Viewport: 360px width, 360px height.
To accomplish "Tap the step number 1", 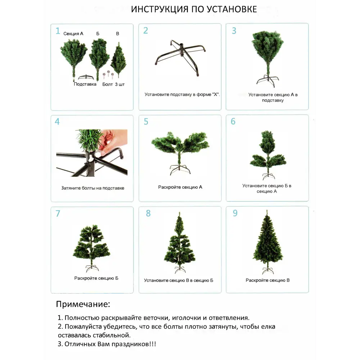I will [58, 31].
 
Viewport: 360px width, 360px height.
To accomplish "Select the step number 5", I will [146, 122].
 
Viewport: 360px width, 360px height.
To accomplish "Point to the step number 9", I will [235, 213].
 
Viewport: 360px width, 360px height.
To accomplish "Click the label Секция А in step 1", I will [73, 33].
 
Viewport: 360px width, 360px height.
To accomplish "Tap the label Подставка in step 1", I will [85, 84].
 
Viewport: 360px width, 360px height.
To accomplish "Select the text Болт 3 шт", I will [113, 84].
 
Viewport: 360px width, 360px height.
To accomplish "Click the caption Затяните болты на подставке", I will [93, 188].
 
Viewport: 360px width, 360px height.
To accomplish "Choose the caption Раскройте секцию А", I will [180, 187].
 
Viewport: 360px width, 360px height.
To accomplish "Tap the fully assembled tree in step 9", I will [267, 241].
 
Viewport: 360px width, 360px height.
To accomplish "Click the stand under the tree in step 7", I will [92, 268].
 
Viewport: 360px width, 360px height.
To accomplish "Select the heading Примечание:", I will [83, 304].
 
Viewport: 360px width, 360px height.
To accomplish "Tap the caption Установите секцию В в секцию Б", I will [179, 280].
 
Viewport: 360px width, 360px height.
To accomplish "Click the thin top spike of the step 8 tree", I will [179, 216].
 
